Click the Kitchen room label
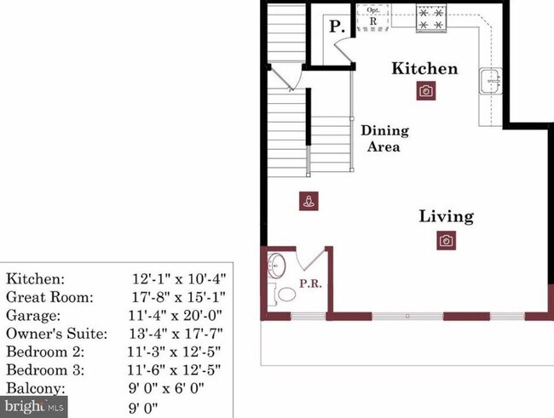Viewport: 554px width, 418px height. coord(424,69)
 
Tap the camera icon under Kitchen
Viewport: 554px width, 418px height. coord(425,91)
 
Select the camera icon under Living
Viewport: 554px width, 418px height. coord(445,241)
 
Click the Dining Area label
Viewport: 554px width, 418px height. coord(384,138)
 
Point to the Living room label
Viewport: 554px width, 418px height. coord(446,216)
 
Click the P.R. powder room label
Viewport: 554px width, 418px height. coord(310,283)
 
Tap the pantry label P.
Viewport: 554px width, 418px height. coord(337,27)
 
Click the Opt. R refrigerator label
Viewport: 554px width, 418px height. coord(372,17)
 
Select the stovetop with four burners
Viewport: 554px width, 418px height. coord(432,19)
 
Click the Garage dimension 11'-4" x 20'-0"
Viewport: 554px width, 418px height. coord(178,315)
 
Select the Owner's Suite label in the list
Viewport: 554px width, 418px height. coord(56,334)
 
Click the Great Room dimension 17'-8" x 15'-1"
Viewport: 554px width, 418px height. coord(178,297)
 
